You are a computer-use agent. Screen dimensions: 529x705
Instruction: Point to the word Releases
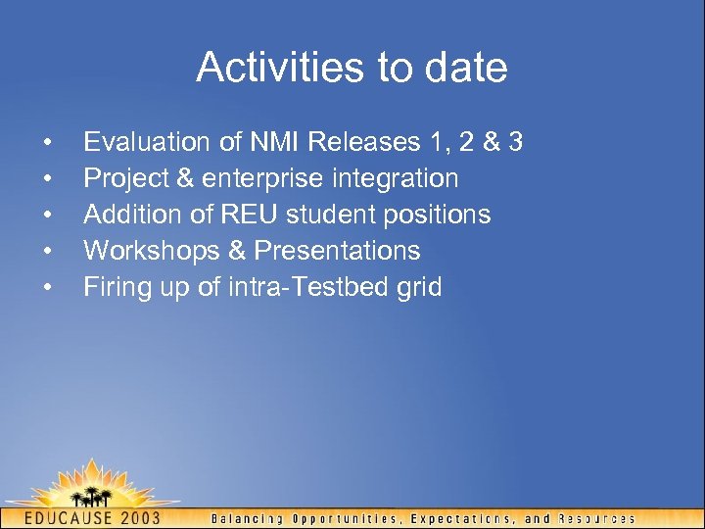pyautogui.click(x=363, y=142)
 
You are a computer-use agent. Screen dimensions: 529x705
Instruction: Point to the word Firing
pyautogui.click(x=116, y=287)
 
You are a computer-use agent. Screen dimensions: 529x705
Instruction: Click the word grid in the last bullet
pyautogui.click(x=419, y=287)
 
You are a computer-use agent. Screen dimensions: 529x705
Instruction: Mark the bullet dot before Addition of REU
pyautogui.click(x=47, y=215)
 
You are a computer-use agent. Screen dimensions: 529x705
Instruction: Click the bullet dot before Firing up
pyautogui.click(x=47, y=287)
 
